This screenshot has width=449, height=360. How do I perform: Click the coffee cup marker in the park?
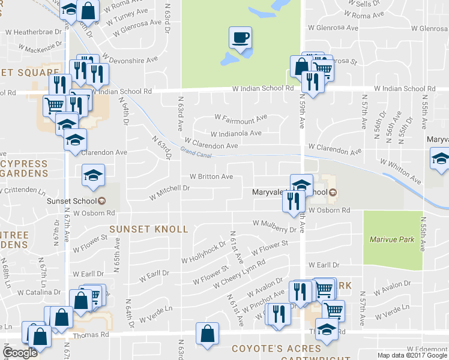coord(240,38)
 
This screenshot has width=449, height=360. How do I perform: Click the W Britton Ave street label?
coord(211,177)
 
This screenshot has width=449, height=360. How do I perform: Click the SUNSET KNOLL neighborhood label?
coord(148,229)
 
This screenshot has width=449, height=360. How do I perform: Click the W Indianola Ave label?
coord(236,133)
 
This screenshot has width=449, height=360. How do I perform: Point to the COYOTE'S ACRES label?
coord(277,349)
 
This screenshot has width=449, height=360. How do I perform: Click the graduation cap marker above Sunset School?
coord(93,175)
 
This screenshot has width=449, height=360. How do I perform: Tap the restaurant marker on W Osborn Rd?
coord(293,202)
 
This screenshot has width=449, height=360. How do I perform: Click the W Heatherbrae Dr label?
coord(34,32)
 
